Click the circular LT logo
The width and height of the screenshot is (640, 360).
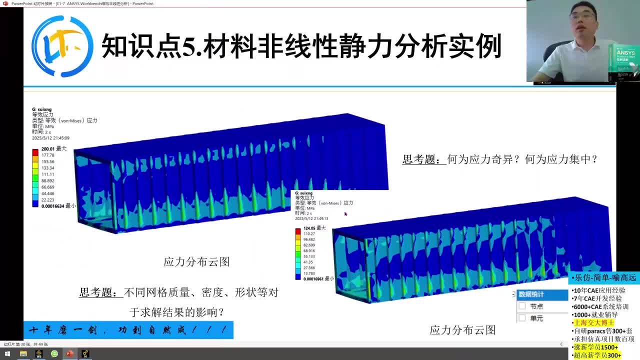62,46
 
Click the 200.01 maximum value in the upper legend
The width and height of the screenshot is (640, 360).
48,149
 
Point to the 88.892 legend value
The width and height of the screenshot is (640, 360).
48,180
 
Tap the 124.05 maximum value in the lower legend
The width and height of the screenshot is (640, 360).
310,228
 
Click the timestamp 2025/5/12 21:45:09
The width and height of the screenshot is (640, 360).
50,138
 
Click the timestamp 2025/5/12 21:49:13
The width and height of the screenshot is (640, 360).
311,218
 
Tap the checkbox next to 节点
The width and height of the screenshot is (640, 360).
522,306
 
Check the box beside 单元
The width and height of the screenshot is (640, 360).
522,318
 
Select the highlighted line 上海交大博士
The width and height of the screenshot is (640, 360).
594,323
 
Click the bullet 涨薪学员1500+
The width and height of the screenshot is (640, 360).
595,347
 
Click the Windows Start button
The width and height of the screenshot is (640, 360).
7,354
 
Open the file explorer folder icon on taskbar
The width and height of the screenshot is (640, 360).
23,354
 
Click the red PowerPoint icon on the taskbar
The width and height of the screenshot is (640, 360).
69,354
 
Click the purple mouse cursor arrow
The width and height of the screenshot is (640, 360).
345,214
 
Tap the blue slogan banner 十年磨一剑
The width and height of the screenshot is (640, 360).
128,330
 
